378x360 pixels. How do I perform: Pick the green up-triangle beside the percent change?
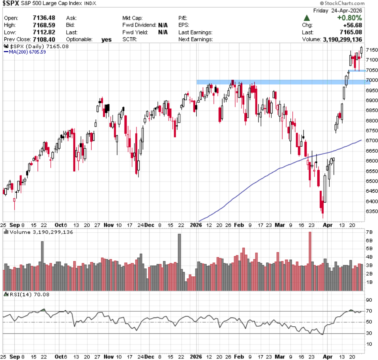pos(307,18)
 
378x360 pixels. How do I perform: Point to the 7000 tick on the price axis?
pos(371,80)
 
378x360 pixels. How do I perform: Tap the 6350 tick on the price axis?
pos(371,211)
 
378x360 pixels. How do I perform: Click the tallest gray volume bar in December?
pos(179,262)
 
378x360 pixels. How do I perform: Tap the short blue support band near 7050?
pos(357,71)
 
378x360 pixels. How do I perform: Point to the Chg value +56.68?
pos(351,25)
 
